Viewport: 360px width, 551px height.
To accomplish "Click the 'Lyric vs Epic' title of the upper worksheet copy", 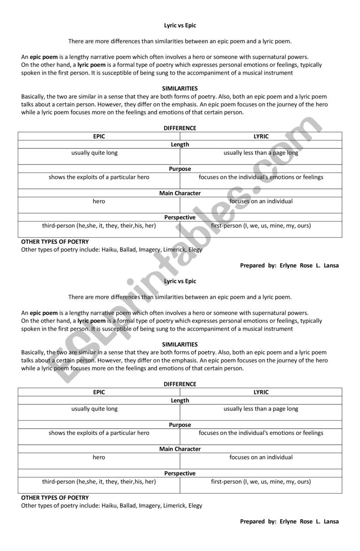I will (180, 25).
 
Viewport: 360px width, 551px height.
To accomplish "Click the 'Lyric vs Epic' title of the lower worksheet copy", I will (180, 281).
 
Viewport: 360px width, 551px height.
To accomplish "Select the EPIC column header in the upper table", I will (99, 136).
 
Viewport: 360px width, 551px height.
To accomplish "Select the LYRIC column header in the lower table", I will (261, 392).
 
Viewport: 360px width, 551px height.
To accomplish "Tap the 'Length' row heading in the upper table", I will (180, 144).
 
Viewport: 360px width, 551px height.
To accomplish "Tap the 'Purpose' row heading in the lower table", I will (180, 425).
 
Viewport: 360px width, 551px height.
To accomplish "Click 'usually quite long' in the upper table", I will (95, 153).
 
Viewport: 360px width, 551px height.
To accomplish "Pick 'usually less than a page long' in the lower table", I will (261, 408).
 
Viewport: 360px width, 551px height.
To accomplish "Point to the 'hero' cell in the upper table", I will (99, 201).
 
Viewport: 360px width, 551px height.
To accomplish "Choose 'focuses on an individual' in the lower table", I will (261, 457).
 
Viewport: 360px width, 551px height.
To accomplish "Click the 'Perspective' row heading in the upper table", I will (180, 218).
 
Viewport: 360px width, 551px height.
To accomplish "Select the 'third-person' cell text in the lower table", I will (99, 481).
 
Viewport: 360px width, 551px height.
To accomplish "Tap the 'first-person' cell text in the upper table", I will (261, 225).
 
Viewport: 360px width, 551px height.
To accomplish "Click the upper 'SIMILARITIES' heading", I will (180, 89).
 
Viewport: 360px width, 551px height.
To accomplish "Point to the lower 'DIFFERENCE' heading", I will (180, 384).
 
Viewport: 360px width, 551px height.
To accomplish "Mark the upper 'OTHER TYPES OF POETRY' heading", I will (55, 242).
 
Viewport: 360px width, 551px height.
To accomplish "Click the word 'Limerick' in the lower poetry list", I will (174, 505).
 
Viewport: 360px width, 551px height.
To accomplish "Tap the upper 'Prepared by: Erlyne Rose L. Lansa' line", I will (289, 265).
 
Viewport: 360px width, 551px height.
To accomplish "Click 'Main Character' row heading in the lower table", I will (180, 449).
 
